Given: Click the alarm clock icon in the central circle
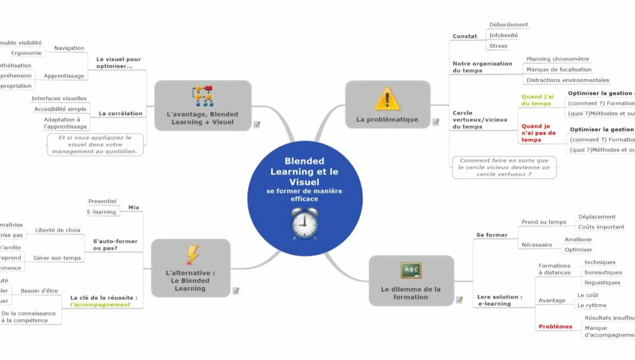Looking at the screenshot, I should pos(305,223).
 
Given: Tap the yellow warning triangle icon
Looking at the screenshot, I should pos(387,99).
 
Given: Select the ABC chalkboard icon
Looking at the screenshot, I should pos(411,270).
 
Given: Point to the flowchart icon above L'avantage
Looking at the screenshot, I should pos(203,96).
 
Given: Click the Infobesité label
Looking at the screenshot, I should pos(503,35).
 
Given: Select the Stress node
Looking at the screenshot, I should pos(498,46).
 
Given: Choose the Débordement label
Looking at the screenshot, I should pos(509,25).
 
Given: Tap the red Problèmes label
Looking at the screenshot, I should pos(555,327).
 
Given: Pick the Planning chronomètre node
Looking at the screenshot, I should pos(557,59).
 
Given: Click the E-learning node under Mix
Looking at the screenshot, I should pos(101,212).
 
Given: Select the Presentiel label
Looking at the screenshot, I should pos(102,201).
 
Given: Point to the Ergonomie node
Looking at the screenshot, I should pos(27,53).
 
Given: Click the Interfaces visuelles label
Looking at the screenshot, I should pos(59,98).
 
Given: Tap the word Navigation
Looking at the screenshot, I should pos(69,48).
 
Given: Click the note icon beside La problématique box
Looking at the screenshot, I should pos(436,122).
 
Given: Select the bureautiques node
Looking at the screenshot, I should pos(603,273).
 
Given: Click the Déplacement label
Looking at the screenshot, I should pos(596,217).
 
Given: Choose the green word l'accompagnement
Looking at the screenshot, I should pos(100,305).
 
